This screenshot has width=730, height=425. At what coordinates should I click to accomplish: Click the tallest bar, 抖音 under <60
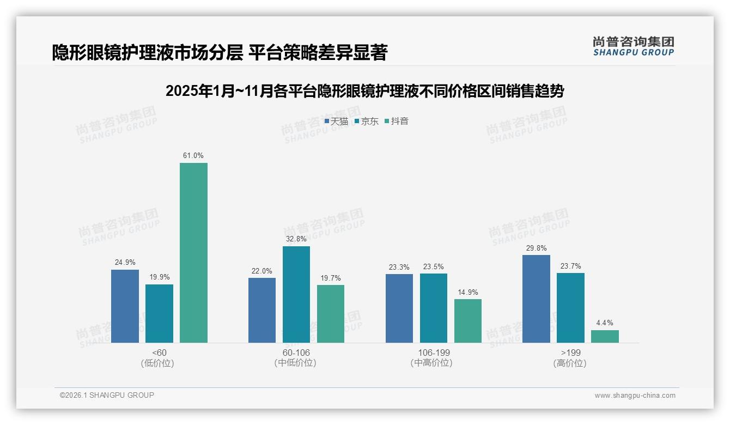click(x=193, y=253)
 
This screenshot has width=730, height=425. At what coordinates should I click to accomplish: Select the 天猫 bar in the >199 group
click(x=536, y=299)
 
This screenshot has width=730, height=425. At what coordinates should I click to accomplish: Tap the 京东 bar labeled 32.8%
click(x=296, y=294)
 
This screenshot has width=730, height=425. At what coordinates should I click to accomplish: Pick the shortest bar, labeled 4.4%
click(x=605, y=336)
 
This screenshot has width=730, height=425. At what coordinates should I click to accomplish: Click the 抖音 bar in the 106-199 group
click(x=468, y=321)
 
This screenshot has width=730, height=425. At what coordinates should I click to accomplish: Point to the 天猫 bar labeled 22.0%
click(x=262, y=310)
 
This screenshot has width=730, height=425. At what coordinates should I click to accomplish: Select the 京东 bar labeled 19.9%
click(x=159, y=313)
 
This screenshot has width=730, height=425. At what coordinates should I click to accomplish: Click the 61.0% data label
click(x=193, y=156)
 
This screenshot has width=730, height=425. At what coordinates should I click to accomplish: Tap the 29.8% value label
click(x=536, y=248)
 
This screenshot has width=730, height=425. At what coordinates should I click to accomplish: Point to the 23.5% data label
click(x=434, y=267)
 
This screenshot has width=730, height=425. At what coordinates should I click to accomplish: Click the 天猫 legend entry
click(x=336, y=122)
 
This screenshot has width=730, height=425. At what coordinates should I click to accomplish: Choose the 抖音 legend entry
click(x=397, y=122)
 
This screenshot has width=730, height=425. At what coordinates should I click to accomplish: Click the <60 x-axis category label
click(x=159, y=353)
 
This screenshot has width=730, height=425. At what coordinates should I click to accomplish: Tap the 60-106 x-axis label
click(x=296, y=353)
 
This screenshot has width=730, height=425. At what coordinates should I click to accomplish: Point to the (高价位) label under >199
click(x=570, y=363)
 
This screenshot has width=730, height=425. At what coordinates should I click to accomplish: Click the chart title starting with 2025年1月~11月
click(x=364, y=91)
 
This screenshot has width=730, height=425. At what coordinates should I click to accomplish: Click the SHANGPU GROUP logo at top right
click(x=633, y=46)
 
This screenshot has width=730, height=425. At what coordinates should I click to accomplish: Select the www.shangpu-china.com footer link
click(x=635, y=396)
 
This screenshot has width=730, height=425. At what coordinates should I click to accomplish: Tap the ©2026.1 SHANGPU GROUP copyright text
click(x=107, y=395)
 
